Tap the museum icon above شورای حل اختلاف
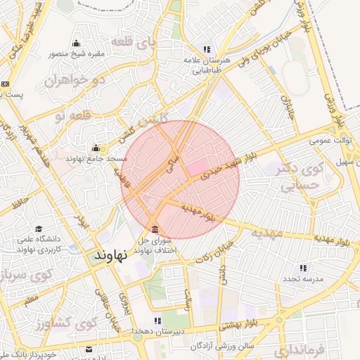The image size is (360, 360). [155, 230]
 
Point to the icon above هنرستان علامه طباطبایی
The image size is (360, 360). [207, 49]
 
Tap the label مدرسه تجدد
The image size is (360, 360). [302, 279]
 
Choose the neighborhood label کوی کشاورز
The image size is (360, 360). [77, 325]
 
